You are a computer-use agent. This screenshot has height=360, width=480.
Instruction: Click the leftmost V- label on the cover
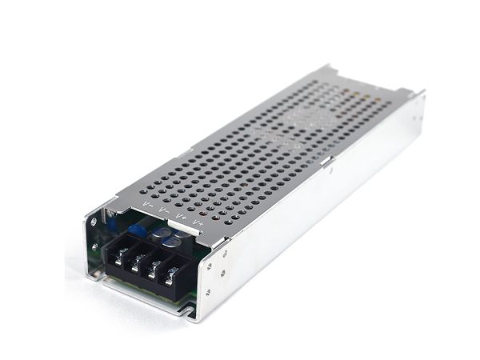click(x=148, y=206)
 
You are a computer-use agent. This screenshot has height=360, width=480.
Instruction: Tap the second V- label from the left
click(x=164, y=210)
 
